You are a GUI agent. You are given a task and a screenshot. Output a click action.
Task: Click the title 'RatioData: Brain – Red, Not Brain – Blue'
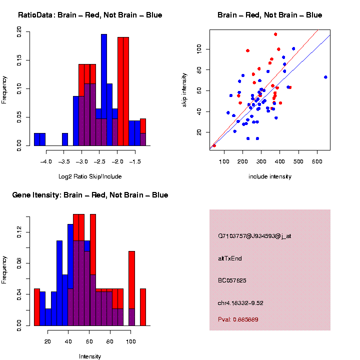[90, 15]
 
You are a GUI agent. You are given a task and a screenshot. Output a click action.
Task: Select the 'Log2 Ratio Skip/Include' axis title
[90, 176]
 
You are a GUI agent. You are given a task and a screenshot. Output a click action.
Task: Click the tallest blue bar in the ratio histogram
[104, 90]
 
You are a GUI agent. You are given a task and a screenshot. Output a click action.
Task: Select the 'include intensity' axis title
[270, 176]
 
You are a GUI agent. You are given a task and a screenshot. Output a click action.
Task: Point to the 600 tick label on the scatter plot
[317, 161]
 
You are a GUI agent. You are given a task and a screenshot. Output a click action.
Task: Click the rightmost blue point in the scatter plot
[325, 77]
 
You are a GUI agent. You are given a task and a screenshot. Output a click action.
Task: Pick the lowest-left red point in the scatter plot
[214, 145]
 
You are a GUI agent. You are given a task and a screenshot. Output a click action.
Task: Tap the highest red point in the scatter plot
[275, 34]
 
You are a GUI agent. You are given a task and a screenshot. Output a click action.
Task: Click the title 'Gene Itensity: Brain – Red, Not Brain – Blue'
[90, 195]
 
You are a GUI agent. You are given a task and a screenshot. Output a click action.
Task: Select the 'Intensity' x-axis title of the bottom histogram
[90, 356]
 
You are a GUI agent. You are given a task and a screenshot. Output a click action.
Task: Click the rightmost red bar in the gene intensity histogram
[143, 307]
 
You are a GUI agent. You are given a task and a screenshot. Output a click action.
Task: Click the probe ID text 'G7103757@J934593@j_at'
[254, 236]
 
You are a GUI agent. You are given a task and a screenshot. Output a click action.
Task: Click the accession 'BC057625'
[232, 280]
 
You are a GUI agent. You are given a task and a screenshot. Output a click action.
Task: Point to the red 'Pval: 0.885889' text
[238, 319]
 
